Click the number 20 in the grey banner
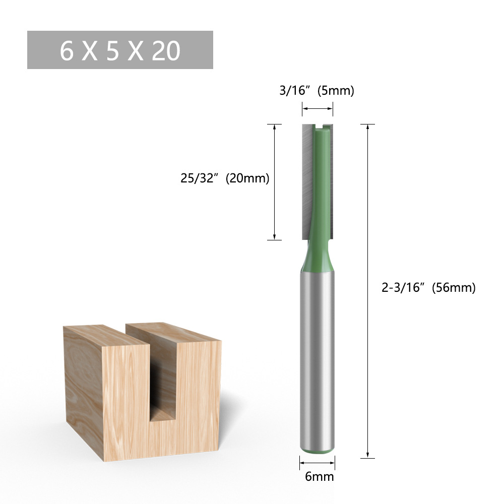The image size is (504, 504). coord(165,51)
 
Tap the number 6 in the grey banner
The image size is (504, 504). coord(67,51)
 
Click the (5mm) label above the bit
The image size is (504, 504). coord(336,91)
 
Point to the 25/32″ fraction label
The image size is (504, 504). coord(200,178)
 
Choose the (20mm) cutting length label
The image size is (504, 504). coord(247,178)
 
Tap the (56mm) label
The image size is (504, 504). coord(454,288)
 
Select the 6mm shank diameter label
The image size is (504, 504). coord(319,476)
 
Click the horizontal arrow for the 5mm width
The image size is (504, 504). coord(318,108)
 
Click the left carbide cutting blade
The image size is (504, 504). coord(307,181)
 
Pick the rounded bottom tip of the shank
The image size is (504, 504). coord(317,447)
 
